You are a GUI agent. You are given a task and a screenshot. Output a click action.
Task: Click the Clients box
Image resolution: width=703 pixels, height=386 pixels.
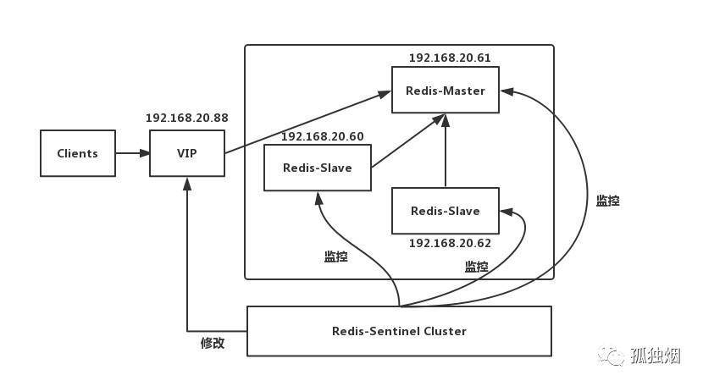pos(78,153)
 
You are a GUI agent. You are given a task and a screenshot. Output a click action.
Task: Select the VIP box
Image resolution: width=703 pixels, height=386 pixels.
pos(187,153)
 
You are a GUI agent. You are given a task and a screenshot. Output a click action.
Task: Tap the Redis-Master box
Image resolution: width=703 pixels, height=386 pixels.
pos(446,90)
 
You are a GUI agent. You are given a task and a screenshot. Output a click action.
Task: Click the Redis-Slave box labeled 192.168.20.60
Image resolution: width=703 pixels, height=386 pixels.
pos(318,168)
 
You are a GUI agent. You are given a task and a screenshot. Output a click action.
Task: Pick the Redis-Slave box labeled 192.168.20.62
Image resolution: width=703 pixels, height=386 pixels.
pos(446,211)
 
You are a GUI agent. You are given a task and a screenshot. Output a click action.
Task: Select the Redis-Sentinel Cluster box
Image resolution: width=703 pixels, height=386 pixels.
pos(399,331)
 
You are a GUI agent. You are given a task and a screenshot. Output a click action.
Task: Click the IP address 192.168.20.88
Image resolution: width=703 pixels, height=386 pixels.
pos(187,118)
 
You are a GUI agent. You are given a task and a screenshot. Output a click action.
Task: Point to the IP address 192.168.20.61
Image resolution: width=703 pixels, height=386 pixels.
pos(450,58)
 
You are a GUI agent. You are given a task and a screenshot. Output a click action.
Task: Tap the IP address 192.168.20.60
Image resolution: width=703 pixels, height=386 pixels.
pos(323,136)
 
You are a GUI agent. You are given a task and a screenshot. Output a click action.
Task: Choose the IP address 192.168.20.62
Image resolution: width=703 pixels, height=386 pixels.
pos(450,243)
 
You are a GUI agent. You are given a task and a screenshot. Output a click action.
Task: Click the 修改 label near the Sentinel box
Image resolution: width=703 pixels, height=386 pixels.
pos(213,343)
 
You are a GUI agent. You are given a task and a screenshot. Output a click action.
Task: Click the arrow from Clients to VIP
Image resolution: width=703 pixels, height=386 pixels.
pos(133,153)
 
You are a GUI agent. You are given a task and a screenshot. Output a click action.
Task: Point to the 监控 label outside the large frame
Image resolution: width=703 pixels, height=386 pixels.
pos(607,201)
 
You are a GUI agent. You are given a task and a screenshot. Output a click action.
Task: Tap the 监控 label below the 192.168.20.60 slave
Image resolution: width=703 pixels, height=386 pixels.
pos(335,256)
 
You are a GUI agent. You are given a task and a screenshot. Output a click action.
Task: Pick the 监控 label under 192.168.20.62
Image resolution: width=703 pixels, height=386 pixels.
pos(476,267)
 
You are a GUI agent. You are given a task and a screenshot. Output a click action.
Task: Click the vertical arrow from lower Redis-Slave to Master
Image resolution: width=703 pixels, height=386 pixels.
pos(446,150)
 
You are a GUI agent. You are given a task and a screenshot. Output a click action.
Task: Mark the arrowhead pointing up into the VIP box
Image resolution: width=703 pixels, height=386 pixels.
pos(187,183)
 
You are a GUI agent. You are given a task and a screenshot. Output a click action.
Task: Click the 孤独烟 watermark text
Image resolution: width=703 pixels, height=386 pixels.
pos(655,356)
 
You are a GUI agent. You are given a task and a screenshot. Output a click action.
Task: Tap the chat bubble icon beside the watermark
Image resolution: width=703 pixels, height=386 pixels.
pos(611,356)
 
